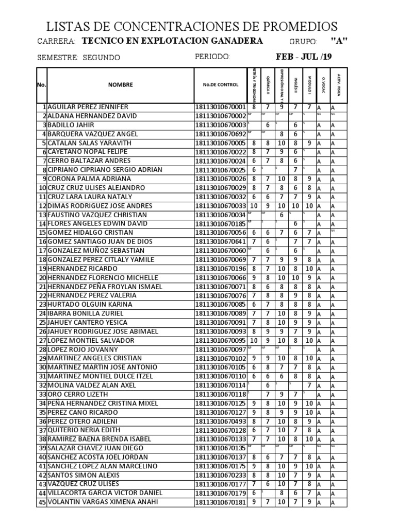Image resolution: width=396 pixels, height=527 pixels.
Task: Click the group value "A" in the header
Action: tap(339, 42)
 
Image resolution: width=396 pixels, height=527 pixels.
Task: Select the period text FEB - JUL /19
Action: tap(304, 57)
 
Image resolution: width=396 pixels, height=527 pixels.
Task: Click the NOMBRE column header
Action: tap(120, 85)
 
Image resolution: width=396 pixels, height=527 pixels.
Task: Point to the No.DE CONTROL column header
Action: tap(221, 85)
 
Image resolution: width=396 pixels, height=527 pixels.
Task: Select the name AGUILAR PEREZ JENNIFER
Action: tap(88, 107)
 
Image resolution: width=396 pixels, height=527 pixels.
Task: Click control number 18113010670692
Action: tap(221, 134)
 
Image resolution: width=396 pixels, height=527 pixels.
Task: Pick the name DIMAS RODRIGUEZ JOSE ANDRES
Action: tap(100, 206)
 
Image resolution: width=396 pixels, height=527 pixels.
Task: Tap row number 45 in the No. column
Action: tap(42, 502)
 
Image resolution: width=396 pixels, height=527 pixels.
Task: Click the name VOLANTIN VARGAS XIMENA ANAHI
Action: tap(103, 502)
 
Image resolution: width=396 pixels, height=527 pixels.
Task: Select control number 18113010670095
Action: tap(221, 341)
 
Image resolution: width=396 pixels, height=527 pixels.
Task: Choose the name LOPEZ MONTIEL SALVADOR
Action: tap(91, 341)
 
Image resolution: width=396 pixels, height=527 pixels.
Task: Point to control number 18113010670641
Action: tap(221, 242)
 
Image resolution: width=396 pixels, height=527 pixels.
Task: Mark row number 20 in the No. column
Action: tap(42, 278)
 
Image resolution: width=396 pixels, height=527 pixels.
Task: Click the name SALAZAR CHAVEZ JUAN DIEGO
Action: tap(95, 448)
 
